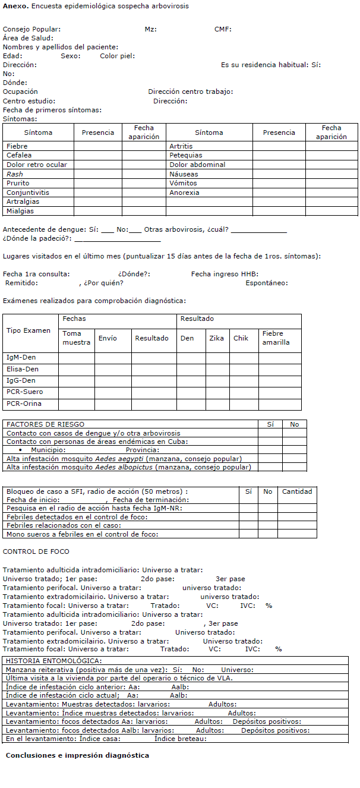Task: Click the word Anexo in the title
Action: (13, 5)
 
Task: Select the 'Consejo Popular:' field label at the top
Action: (31, 29)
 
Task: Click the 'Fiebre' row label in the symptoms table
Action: (17, 146)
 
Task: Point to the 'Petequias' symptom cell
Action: (185, 155)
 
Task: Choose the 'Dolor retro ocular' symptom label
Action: (37, 165)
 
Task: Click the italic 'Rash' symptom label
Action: (15, 174)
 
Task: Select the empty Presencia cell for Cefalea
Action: (97, 155)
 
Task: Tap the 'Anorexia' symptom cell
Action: (185, 193)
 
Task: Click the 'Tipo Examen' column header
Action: (29, 330)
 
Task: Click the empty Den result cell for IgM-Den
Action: (191, 358)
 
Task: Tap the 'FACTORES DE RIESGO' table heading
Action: (46, 424)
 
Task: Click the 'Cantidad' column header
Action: (297, 491)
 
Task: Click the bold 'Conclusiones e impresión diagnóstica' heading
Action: (77, 755)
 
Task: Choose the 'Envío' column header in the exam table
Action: (108, 338)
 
